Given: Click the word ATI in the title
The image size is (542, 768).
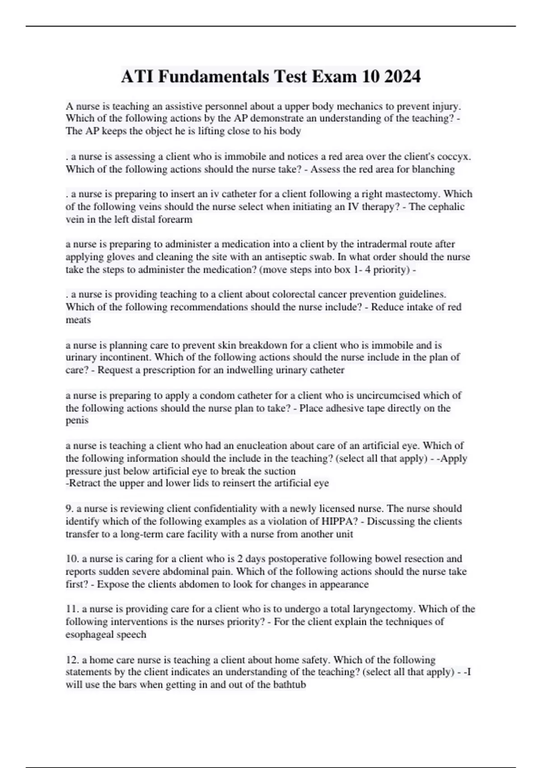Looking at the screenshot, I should click(137, 77).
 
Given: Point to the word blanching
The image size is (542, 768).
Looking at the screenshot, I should click(433, 169).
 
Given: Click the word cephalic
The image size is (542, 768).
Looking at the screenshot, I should click(447, 207).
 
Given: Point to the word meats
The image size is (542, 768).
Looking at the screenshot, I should click(78, 320).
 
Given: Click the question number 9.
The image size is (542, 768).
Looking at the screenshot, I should click(69, 509).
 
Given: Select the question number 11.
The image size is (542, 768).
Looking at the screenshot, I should click(72, 609).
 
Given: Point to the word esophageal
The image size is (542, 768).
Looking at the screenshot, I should click(90, 634).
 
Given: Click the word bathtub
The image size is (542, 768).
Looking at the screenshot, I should click(290, 684).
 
